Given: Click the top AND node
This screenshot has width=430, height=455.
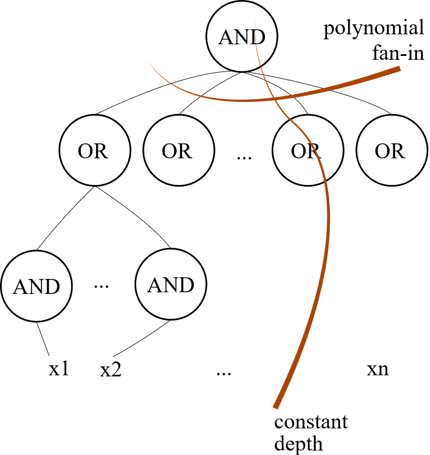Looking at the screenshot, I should (x=241, y=37).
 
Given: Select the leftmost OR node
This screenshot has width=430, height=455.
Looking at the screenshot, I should (x=94, y=151).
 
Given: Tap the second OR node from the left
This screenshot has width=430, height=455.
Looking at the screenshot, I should (x=178, y=151).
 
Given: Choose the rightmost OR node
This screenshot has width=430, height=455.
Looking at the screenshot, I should (x=391, y=151).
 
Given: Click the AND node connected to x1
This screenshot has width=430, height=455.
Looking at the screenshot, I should (x=37, y=286).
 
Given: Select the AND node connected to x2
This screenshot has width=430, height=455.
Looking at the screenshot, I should (x=170, y=285).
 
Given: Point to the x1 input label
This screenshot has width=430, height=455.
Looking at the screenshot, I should (x=59, y=369).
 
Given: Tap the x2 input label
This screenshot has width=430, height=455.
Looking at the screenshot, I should (x=111, y=370).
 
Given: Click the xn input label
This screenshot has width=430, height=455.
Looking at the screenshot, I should (x=377, y=369).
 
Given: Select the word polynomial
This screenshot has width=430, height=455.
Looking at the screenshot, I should (x=374, y=29).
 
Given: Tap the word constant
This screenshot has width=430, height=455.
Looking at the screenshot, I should (x=311, y=422).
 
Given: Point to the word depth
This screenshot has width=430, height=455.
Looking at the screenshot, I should (x=298, y=443).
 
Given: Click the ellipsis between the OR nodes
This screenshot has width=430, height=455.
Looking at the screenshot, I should (x=244, y=157).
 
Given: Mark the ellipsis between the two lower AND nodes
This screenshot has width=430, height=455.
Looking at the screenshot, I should (x=103, y=286).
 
